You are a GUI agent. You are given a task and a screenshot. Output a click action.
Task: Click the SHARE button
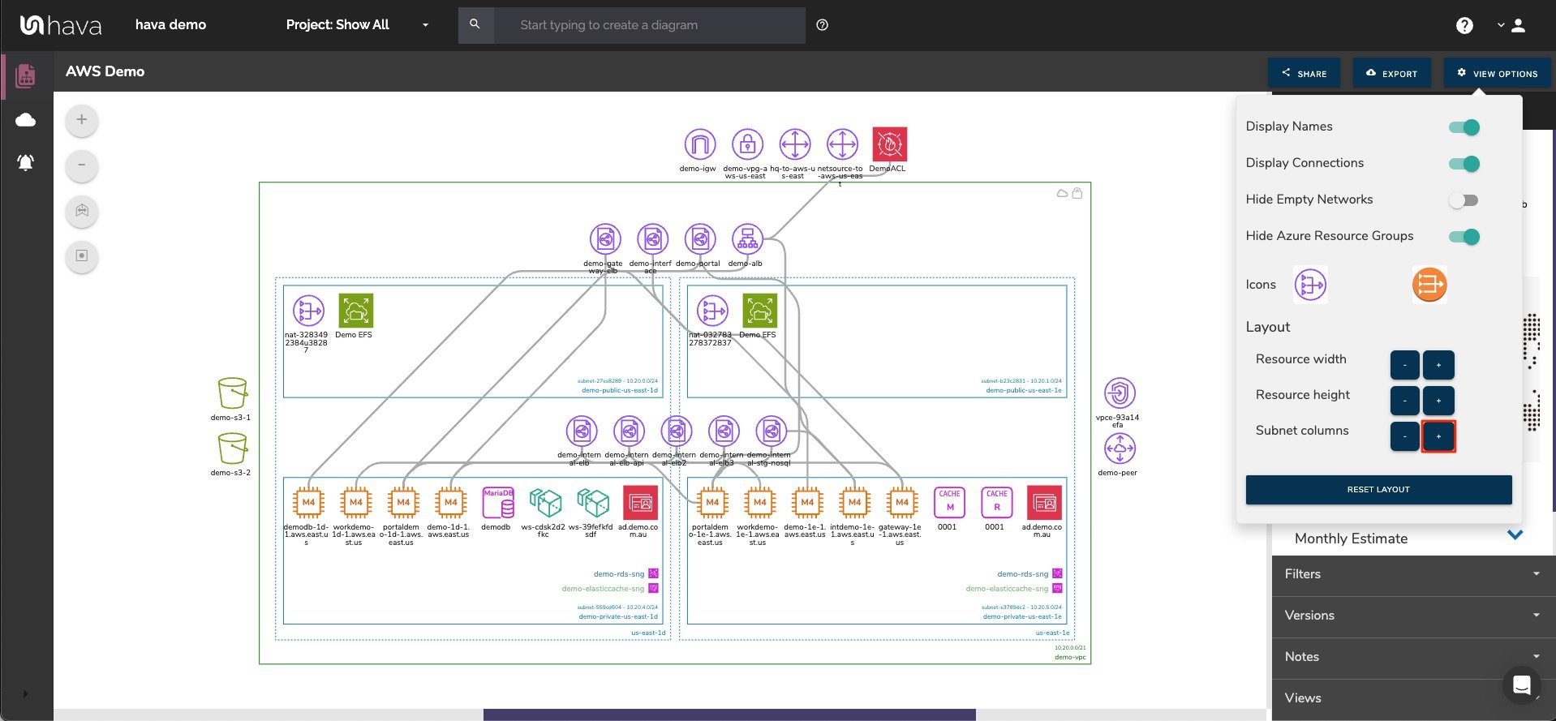1304,73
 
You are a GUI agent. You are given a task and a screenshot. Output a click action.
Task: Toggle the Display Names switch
1464,127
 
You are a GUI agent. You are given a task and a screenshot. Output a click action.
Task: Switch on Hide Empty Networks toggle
1464,200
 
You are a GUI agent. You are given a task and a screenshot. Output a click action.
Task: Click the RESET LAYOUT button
1378,490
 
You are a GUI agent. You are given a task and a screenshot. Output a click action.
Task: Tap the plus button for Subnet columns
1438,436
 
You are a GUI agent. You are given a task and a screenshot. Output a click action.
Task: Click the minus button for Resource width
1404,365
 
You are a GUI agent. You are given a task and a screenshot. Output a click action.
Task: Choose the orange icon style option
1429,285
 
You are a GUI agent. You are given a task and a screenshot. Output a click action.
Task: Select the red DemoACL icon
889,144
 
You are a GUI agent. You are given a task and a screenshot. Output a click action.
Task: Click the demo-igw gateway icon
699,144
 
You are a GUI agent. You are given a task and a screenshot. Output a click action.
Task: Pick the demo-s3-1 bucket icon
232,393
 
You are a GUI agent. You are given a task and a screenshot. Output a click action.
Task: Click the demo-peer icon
1120,448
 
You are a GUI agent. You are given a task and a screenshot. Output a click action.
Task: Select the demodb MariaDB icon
497,503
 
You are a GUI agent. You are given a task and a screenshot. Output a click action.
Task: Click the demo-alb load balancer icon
747,239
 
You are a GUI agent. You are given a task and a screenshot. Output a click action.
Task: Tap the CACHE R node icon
996,503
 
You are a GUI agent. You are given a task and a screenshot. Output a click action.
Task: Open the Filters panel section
1412,574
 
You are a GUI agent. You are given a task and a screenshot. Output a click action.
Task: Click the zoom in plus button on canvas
81,120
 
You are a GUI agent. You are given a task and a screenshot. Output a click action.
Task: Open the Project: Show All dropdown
357,25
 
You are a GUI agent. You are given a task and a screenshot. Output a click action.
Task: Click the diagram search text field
649,25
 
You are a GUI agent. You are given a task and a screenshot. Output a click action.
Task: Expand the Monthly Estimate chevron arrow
1515,535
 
